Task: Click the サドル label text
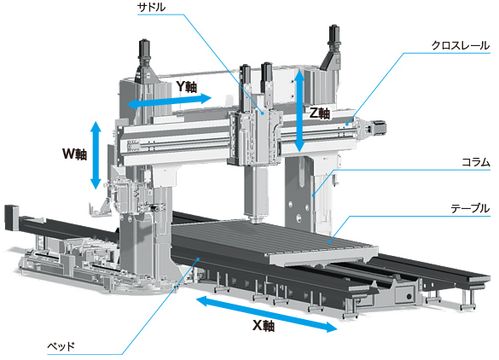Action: [152, 7]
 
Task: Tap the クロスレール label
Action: [461, 45]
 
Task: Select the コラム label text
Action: [476, 162]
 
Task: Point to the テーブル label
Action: [470, 208]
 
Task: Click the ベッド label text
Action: [61, 345]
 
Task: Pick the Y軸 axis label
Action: [187, 86]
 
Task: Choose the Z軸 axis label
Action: [320, 113]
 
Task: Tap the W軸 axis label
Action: [74, 154]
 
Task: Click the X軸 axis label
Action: [264, 326]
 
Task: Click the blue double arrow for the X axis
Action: [266, 314]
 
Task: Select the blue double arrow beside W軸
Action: [96, 155]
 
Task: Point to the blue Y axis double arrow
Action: [169, 102]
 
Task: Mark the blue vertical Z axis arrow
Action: [299, 110]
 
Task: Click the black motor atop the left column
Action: [144, 53]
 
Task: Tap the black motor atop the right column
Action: [334, 38]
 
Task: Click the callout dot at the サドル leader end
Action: [263, 113]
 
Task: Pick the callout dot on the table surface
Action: [330, 242]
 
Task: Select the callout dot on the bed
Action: [198, 259]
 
